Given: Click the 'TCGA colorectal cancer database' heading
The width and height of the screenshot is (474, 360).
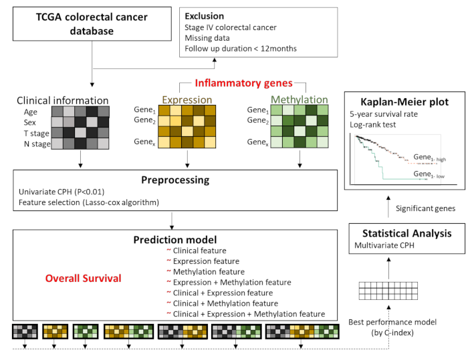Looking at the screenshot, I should point(88,23).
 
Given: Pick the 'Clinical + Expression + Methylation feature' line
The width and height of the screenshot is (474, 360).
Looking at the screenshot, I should point(249,313).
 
